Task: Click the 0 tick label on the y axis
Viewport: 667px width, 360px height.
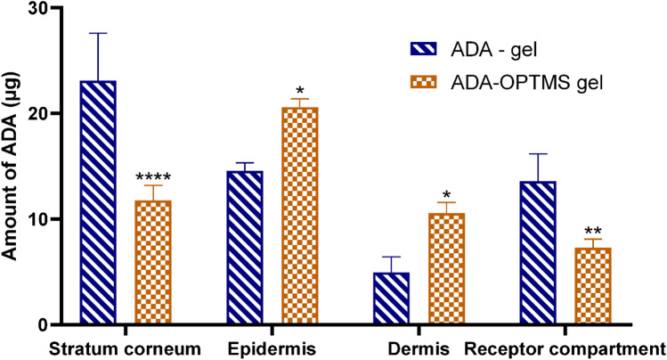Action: point(42,325)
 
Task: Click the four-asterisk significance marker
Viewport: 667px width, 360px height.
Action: point(152,178)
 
